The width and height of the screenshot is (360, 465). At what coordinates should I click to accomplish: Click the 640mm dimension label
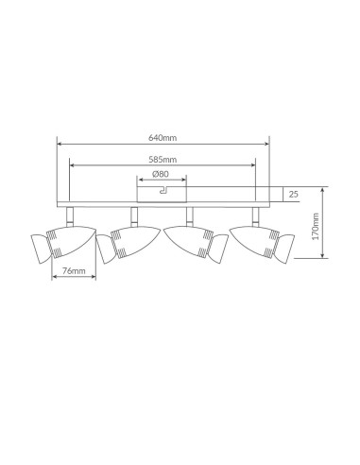coord(163,138)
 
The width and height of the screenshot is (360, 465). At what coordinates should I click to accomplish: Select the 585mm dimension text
coord(163,160)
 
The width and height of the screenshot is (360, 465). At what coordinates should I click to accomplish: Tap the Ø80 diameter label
coord(161,174)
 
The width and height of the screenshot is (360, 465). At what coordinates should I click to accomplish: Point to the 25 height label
coord(293,194)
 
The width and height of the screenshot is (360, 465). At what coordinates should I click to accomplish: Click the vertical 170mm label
coord(316,226)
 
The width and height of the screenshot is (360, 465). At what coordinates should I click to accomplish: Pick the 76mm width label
coord(74,270)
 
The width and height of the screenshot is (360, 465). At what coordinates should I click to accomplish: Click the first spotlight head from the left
coord(63,244)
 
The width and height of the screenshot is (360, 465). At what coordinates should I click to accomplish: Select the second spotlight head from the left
coord(129,244)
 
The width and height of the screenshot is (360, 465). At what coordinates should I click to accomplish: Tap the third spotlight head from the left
coord(196,244)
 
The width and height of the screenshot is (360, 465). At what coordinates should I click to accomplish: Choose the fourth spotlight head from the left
coord(262,244)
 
